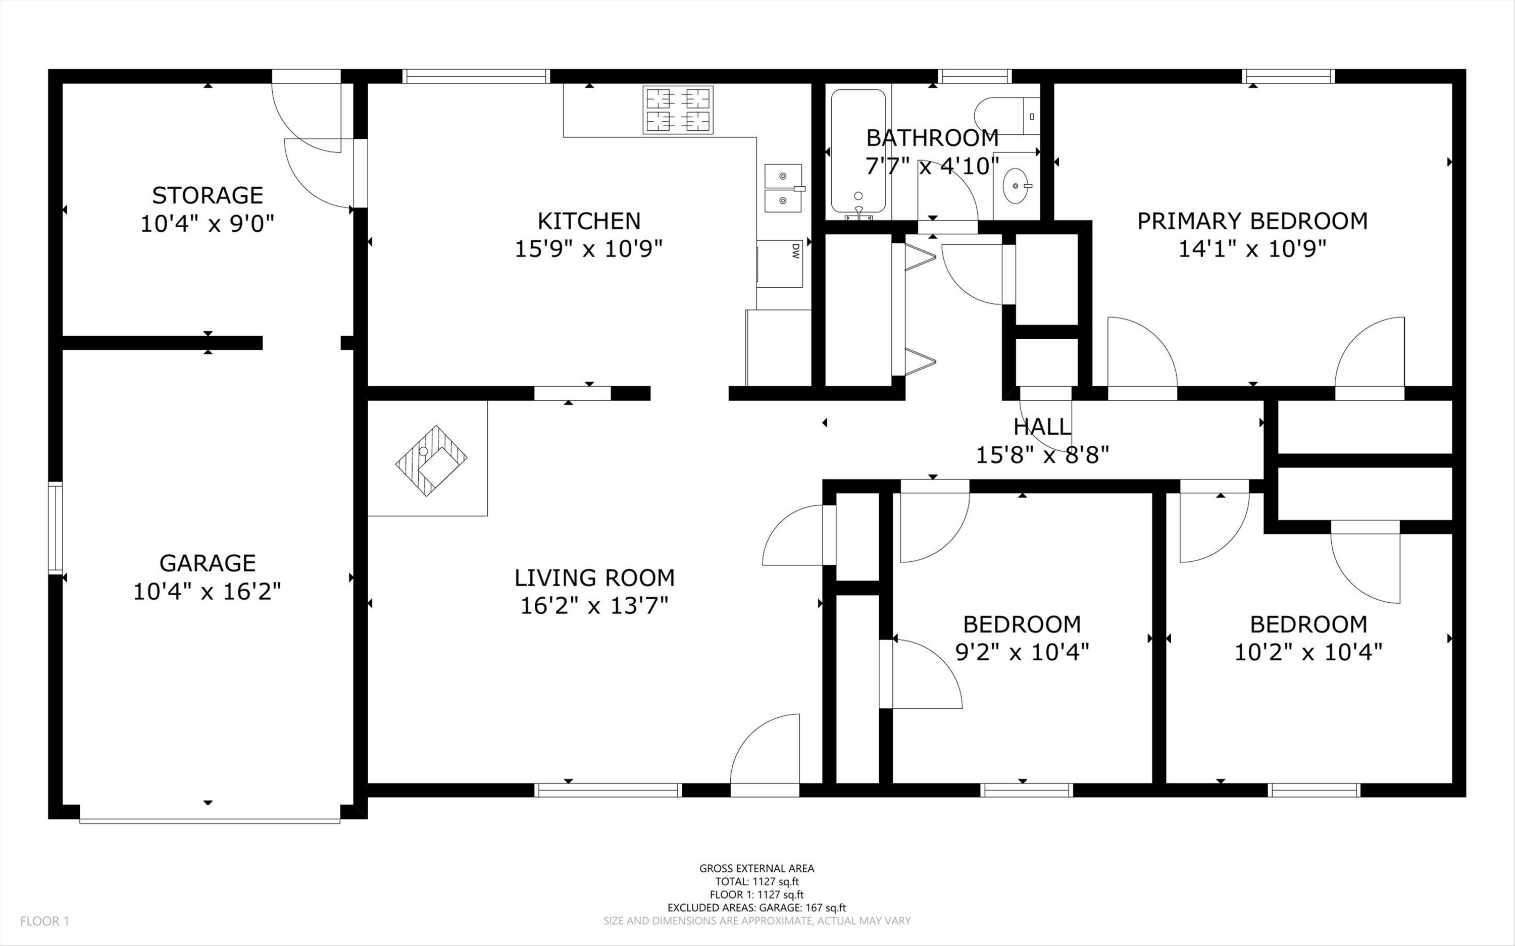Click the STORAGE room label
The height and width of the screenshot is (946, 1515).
[x=207, y=195]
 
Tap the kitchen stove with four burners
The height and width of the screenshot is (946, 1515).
[x=678, y=110]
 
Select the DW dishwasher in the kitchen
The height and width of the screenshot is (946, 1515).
[x=780, y=264]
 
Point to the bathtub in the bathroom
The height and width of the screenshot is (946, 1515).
[x=858, y=151]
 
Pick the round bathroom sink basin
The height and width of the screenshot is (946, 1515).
[x=1015, y=186]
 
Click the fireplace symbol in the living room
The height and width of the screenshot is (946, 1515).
[x=432, y=460]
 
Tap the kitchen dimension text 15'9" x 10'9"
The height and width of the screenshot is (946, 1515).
[x=588, y=249]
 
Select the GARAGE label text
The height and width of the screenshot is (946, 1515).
[x=207, y=563]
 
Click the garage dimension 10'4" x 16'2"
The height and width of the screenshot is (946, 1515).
[x=207, y=591]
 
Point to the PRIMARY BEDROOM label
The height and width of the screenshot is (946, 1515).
[x=1252, y=221]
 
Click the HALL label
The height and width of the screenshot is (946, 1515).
[x=1042, y=427]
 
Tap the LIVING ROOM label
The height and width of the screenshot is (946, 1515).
[x=594, y=577]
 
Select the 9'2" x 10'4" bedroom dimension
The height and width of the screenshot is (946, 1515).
[x=1022, y=652]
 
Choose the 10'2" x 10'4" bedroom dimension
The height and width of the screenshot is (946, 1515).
[x=1308, y=652]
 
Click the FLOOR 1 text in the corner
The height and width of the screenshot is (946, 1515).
[x=44, y=921]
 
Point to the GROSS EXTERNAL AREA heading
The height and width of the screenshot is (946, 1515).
[x=756, y=868]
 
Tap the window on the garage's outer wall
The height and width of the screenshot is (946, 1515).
[x=56, y=528]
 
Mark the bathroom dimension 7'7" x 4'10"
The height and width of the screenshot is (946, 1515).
[x=932, y=166]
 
